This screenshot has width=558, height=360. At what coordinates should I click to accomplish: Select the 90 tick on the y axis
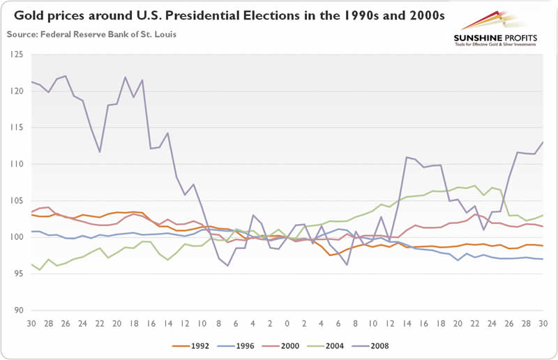15,310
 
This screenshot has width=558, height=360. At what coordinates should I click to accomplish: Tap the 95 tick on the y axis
15,274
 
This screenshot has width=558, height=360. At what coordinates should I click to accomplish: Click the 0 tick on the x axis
287,324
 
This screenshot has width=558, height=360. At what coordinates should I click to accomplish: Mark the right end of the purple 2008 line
543,142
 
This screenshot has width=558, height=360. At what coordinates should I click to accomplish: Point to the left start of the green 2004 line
32,264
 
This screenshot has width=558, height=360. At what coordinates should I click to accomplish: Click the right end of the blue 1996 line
543,259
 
